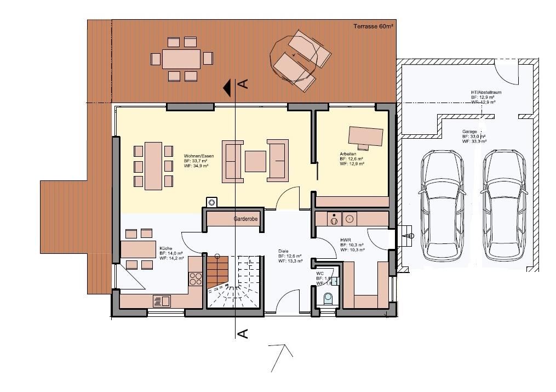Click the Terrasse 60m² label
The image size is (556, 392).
[373, 26]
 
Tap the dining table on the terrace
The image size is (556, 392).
[181, 59]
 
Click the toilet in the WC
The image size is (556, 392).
[328, 298]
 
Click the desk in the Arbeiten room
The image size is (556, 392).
[366, 135]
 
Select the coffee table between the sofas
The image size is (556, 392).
[255, 161]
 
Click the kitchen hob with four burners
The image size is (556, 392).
[196, 279]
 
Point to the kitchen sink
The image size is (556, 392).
[162, 300]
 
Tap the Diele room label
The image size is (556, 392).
[283, 251]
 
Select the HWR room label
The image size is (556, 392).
[345, 240]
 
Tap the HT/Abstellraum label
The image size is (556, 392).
[485, 93]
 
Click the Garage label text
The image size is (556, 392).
[469, 132]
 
